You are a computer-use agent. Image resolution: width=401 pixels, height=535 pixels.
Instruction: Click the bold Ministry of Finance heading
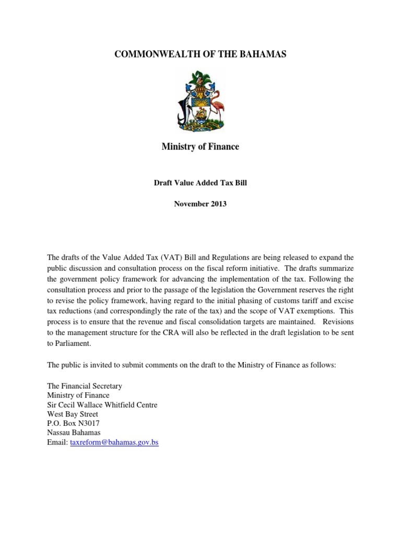(x=200, y=147)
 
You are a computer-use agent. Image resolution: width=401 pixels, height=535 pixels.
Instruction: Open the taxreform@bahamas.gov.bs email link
(x=114, y=443)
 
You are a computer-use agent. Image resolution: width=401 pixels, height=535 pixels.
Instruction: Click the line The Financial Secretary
(x=85, y=386)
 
